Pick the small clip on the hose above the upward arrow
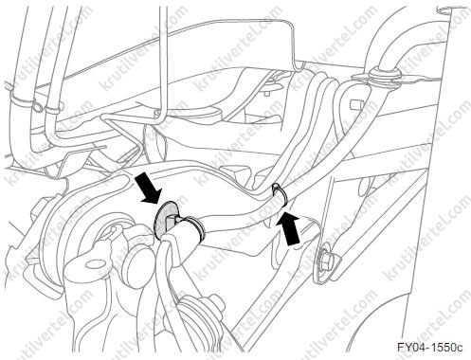[x=280, y=193]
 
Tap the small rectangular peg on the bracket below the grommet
[x=354, y=104]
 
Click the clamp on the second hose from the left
[x=52, y=109]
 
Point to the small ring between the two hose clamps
[x=38, y=108]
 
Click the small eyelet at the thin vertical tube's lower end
[x=156, y=113]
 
